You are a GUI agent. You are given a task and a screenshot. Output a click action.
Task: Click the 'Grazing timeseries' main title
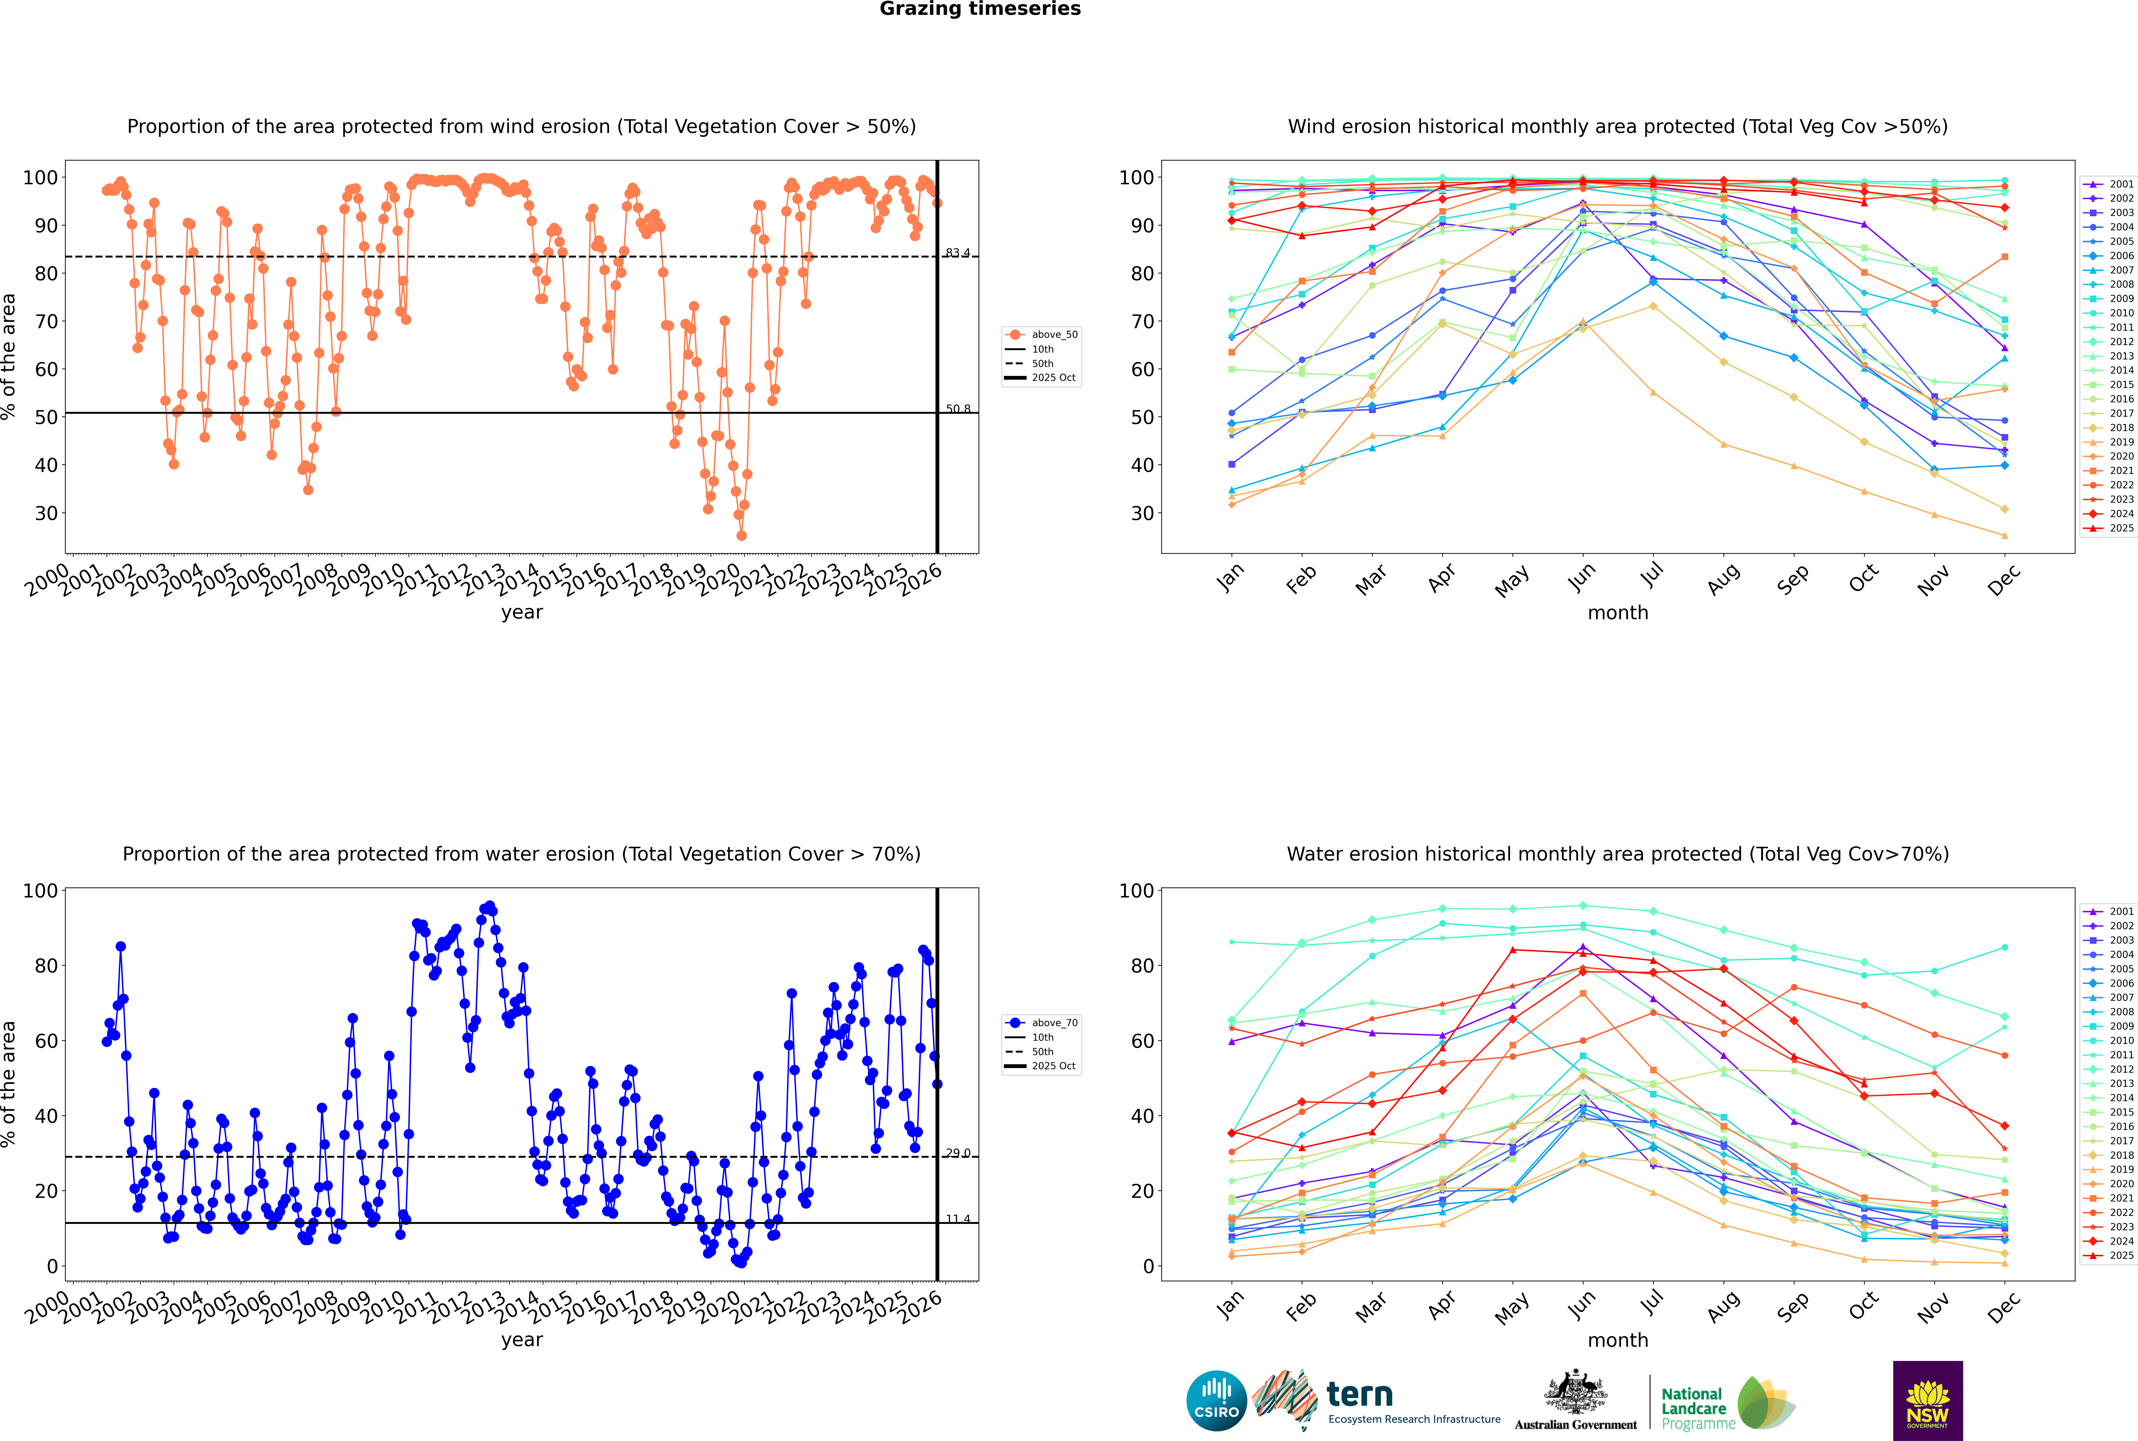coord(980,9)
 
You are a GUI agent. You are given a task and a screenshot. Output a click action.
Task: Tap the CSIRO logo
coord(1216,1401)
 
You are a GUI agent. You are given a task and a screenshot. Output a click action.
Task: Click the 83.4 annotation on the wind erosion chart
coord(958,253)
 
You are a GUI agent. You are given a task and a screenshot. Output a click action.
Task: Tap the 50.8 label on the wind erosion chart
coord(958,409)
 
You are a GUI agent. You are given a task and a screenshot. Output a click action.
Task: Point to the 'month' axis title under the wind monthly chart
coord(1618,613)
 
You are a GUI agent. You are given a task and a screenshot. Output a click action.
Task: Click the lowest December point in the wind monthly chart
coord(2005,536)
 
